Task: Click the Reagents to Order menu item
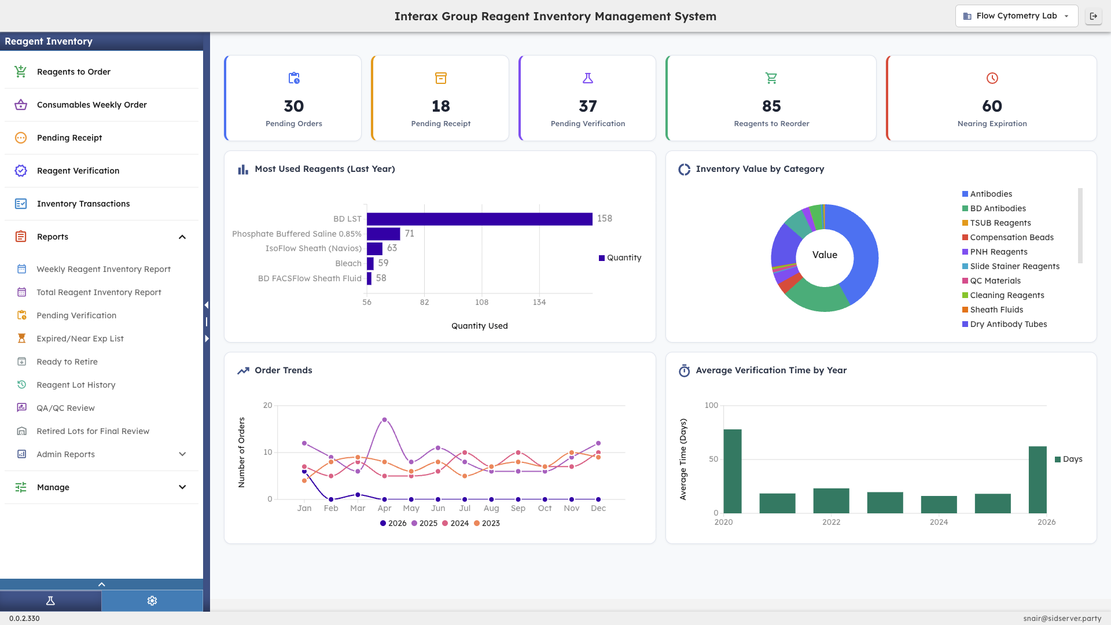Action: point(73,72)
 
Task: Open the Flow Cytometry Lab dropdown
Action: point(1016,16)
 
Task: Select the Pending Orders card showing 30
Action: point(293,98)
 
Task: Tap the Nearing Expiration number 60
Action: point(992,106)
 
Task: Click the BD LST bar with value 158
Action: point(479,219)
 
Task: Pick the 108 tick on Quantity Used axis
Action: point(481,302)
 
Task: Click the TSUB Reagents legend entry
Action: point(1000,223)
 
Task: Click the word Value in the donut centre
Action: point(825,255)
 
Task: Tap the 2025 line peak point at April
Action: point(385,420)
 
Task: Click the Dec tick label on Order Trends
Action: point(598,508)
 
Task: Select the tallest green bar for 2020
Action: point(733,470)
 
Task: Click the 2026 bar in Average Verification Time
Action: point(1038,479)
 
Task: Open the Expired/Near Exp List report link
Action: point(80,339)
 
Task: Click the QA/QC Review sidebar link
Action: point(65,408)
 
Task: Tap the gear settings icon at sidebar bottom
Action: point(152,601)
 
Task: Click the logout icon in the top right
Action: point(1093,16)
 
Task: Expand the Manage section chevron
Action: point(182,487)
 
